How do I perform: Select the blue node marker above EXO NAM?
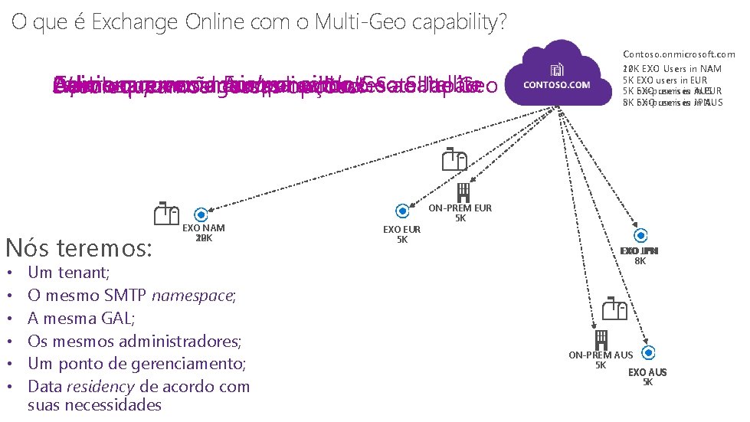(201, 215)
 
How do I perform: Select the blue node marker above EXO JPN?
(640, 235)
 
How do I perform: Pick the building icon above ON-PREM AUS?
(601, 338)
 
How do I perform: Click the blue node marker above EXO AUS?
(648, 353)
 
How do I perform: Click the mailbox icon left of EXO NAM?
(166, 214)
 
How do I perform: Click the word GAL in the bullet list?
(106, 318)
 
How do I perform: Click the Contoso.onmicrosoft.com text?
(679, 54)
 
